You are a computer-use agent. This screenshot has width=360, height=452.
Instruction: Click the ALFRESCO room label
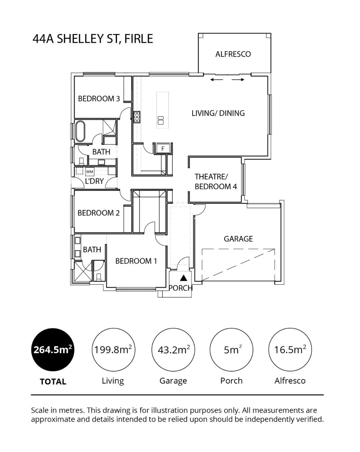point(233,54)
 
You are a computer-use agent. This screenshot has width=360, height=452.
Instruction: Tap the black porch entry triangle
point(184,278)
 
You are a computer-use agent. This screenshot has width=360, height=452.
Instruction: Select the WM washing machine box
point(90,171)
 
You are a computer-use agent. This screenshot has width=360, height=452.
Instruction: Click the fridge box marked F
point(163,149)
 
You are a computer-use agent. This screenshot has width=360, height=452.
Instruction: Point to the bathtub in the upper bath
point(80,131)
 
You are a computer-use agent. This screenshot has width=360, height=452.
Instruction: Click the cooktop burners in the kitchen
point(137,117)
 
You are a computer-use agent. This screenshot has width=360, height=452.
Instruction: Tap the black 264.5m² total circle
point(53,350)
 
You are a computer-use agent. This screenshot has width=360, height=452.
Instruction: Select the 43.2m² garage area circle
point(173,350)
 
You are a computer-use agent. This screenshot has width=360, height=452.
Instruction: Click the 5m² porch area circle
point(231,350)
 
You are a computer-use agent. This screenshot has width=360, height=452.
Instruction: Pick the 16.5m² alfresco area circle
point(290,350)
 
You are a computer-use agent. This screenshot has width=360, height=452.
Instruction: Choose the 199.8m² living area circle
point(113,350)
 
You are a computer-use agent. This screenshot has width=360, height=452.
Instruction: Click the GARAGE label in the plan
point(238,239)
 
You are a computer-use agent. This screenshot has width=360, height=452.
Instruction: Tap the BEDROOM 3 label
point(99,98)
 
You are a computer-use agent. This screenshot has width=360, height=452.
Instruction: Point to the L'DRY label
point(94,181)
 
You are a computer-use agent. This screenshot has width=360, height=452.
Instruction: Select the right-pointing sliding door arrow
point(238,80)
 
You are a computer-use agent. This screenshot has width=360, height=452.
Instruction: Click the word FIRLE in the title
point(139,39)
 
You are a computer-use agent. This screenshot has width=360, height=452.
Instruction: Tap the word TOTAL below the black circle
point(53,381)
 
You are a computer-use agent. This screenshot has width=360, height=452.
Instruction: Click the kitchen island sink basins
point(161,120)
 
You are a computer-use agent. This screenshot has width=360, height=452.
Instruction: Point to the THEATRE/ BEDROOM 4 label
point(216,181)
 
